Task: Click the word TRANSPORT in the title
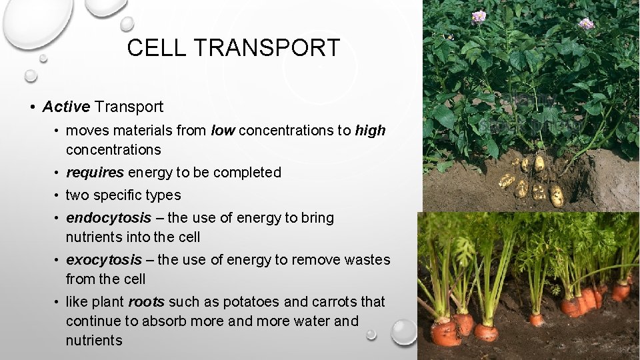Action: point(269,48)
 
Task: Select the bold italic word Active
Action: point(66,107)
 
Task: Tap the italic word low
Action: point(222,131)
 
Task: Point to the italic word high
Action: point(370,131)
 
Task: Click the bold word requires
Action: point(95,173)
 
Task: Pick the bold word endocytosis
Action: point(109,218)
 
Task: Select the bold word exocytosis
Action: point(104,260)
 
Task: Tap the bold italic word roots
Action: point(147,302)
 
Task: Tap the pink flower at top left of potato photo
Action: point(478,17)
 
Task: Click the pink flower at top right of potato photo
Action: point(586,24)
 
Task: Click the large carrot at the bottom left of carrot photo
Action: point(445,331)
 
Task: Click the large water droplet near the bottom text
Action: point(404,331)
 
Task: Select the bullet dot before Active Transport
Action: point(32,107)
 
